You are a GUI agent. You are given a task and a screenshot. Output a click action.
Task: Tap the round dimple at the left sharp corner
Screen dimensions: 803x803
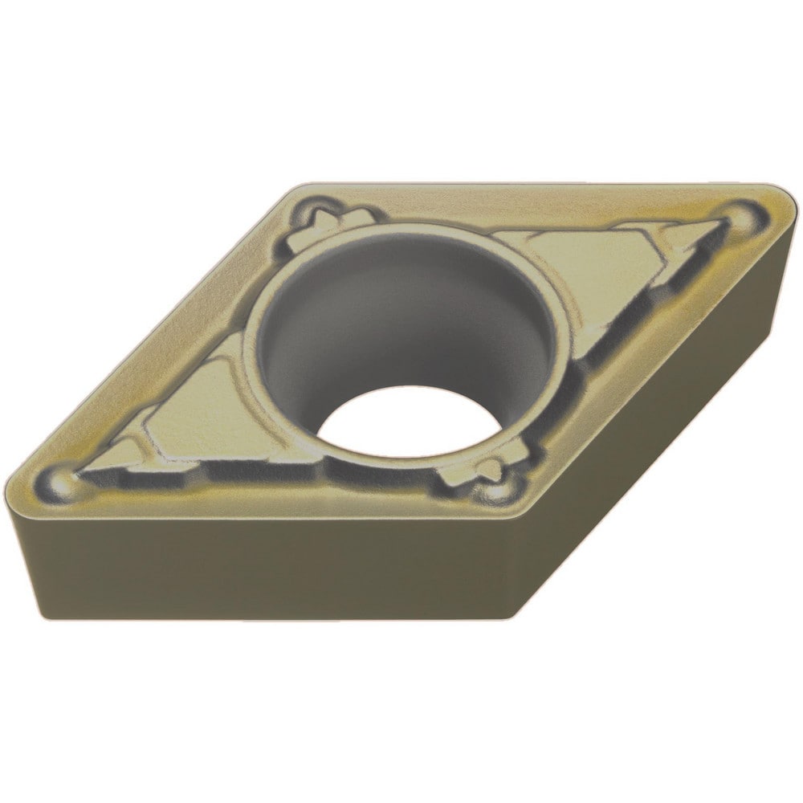pyautogui.click(x=61, y=481)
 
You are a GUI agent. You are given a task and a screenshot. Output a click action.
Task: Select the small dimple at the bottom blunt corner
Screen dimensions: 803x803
pyautogui.click(x=491, y=489)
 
